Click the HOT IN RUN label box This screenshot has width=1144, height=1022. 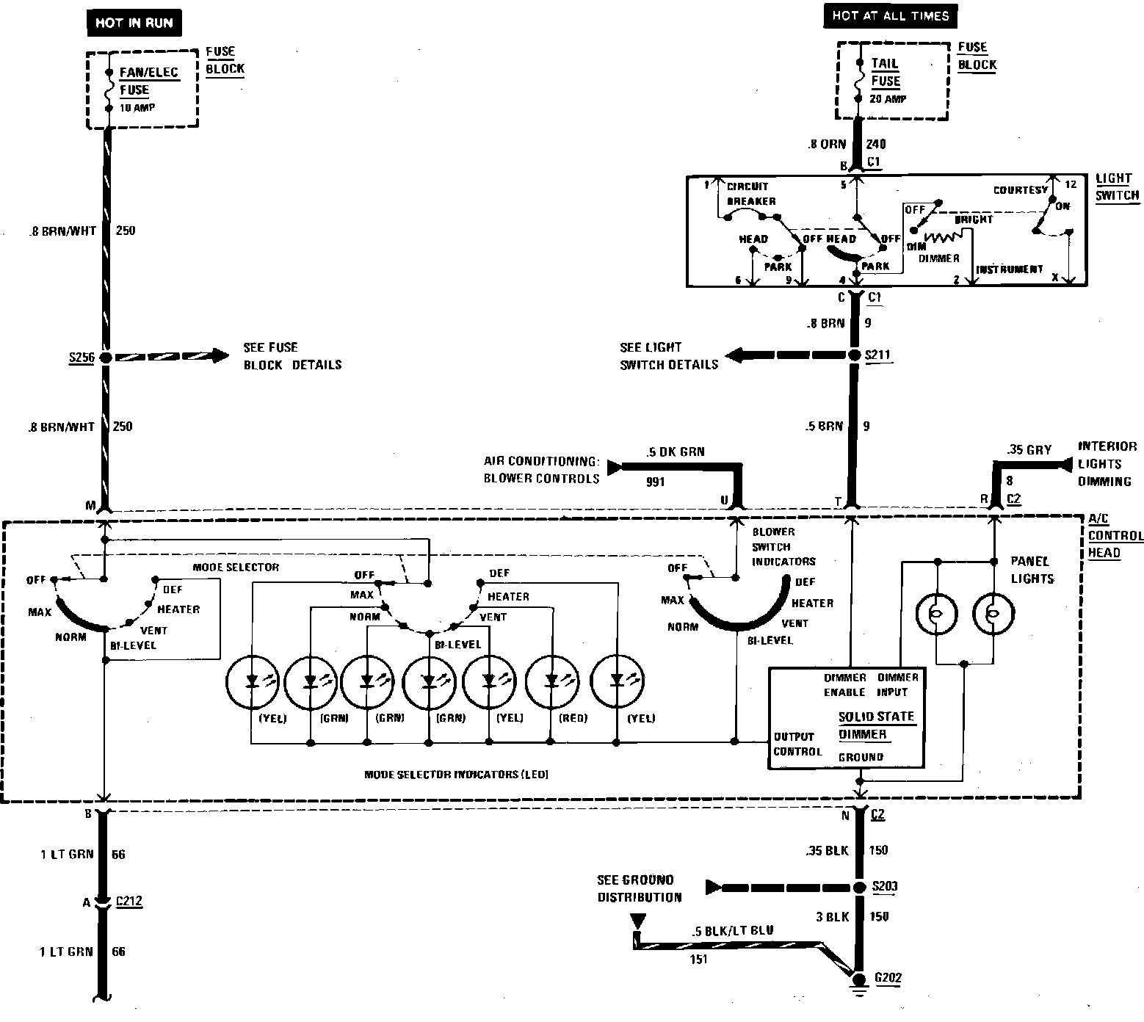tap(134, 23)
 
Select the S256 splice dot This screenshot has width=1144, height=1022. tap(106, 358)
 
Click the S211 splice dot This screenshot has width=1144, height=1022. tap(854, 355)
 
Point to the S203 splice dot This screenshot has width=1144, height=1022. tap(856, 887)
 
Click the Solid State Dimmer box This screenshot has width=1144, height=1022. tap(846, 718)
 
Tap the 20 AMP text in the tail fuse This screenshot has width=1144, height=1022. tap(888, 99)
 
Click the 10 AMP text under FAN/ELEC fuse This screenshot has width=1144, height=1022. tap(137, 108)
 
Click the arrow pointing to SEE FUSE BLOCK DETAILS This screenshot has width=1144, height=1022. tap(216, 358)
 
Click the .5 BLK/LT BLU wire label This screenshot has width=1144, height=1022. tap(732, 931)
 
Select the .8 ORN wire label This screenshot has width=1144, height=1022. tap(826, 144)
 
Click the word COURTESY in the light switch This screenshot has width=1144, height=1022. tap(1020, 190)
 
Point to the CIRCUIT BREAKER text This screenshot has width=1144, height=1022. tap(750, 194)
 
